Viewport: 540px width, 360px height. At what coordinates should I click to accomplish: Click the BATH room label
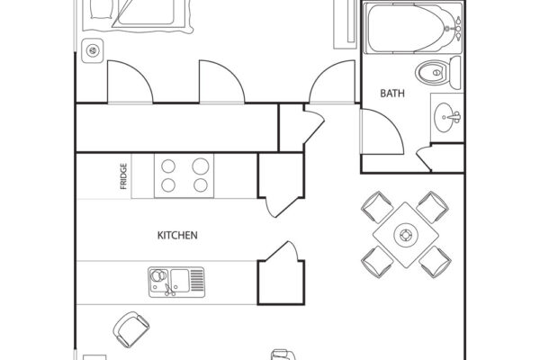coord(392,93)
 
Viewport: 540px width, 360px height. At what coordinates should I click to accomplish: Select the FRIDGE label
coord(123,177)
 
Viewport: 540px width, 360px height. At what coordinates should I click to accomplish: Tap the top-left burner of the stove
coord(167,166)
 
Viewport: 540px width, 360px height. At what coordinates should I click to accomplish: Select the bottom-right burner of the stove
coord(200,185)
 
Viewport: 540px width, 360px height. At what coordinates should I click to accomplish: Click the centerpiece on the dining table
coord(405,235)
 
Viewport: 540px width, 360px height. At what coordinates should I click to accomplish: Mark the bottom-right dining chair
coord(436,262)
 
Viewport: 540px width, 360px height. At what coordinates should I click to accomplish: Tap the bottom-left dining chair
coord(373,262)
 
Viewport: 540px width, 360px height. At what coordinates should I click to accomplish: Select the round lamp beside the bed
coord(90,50)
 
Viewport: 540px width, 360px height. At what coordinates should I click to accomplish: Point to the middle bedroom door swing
coord(221,83)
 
